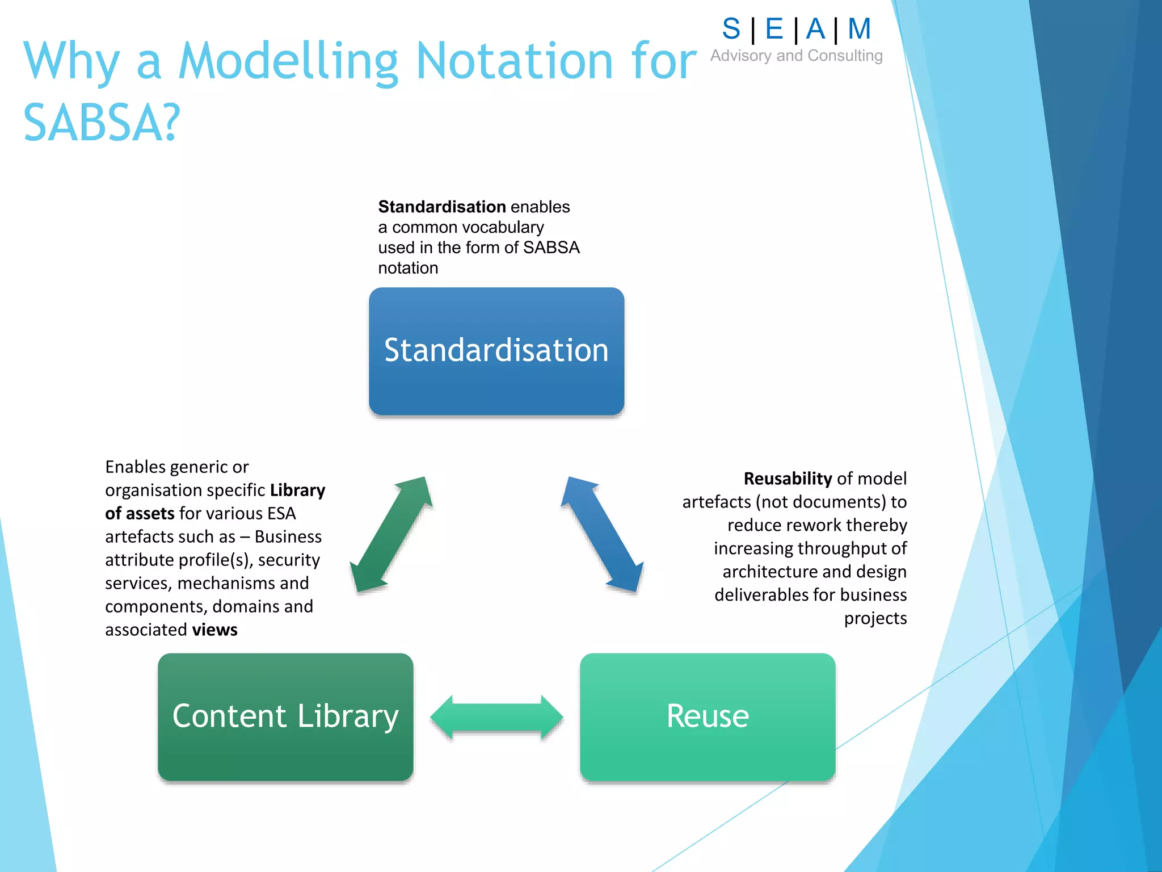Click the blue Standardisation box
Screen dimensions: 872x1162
[496, 351]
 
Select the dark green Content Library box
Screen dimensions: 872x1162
[285, 716]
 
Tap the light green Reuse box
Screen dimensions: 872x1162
[708, 716]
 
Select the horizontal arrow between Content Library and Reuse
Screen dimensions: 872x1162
[496, 717]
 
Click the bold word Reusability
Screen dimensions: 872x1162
[788, 479]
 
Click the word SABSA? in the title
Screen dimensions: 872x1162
[102, 123]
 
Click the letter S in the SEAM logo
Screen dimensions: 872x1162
[731, 29]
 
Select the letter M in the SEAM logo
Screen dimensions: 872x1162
[859, 29]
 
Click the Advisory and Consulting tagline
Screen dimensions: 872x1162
[796, 56]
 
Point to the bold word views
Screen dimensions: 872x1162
[214, 630]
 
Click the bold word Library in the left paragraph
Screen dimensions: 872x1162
[297, 490]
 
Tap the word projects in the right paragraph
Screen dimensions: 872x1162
[875, 618]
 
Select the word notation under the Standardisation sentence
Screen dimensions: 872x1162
[408, 268]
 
